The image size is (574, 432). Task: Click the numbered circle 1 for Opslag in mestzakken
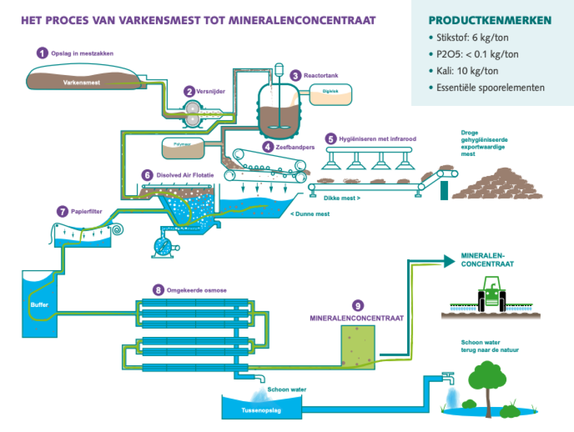[x=43, y=53]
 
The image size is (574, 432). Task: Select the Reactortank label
[x=321, y=76]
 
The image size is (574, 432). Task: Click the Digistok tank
[x=330, y=94]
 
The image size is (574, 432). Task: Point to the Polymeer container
[x=183, y=148]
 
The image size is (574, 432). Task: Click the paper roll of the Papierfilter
[x=118, y=229]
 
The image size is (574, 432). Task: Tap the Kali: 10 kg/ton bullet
[x=464, y=71]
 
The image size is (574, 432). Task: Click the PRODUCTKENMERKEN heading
[x=490, y=21]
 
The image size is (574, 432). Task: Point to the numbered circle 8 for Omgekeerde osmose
[x=158, y=290]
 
